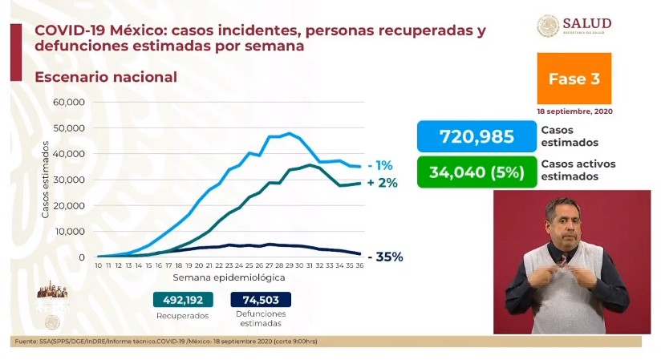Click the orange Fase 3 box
click(574, 79)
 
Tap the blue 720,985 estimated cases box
click(476, 136)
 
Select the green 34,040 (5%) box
click(476, 171)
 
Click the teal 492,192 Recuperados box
click(185, 300)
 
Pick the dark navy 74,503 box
click(261, 300)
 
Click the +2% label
click(383, 183)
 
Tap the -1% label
click(380, 165)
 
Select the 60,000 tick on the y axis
click(69, 102)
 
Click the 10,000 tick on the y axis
click(70, 231)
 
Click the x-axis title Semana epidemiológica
click(229, 277)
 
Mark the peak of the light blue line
click(289, 133)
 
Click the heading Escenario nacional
click(104, 78)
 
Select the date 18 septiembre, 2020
click(574, 111)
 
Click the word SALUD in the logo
click(587, 22)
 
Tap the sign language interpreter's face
click(562, 224)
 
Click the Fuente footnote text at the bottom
click(165, 342)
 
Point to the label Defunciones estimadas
click(261, 320)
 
